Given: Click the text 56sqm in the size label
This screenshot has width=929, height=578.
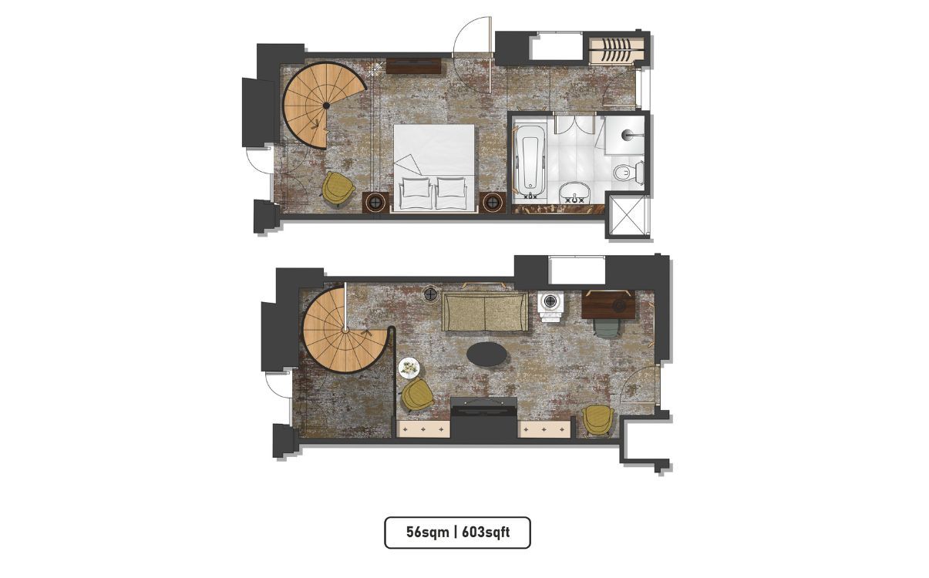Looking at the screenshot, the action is (x=427, y=532).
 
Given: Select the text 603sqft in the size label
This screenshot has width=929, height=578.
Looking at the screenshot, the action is (x=486, y=532).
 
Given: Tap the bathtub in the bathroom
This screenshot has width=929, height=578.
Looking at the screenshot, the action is (x=530, y=162).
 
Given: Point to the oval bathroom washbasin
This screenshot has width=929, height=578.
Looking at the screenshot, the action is (x=574, y=193).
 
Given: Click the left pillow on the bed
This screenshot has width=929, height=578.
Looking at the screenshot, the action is (x=416, y=187).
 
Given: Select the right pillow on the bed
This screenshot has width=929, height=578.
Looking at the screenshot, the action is (x=451, y=187).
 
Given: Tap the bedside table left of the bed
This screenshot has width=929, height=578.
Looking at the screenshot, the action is (x=375, y=203).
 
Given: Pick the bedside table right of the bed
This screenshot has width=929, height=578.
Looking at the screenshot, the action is (x=493, y=203).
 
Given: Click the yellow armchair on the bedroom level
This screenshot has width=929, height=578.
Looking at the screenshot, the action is (x=338, y=189).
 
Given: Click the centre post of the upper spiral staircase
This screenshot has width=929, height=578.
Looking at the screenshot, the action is (x=326, y=106).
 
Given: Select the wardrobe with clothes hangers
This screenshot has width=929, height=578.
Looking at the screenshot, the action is (x=617, y=51).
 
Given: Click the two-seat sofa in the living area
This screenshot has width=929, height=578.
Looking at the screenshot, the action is (x=484, y=311).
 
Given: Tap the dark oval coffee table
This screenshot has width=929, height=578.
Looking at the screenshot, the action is (x=487, y=354).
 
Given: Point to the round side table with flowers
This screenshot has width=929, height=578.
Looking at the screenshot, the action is (x=409, y=368).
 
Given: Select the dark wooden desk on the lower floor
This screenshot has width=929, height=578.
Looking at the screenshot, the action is (x=608, y=304).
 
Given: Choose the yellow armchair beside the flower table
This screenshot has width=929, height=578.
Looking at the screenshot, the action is (x=417, y=394).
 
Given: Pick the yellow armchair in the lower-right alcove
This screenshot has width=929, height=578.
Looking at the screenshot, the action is (x=597, y=421).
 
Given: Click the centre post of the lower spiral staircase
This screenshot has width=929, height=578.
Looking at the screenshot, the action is (x=345, y=330).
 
